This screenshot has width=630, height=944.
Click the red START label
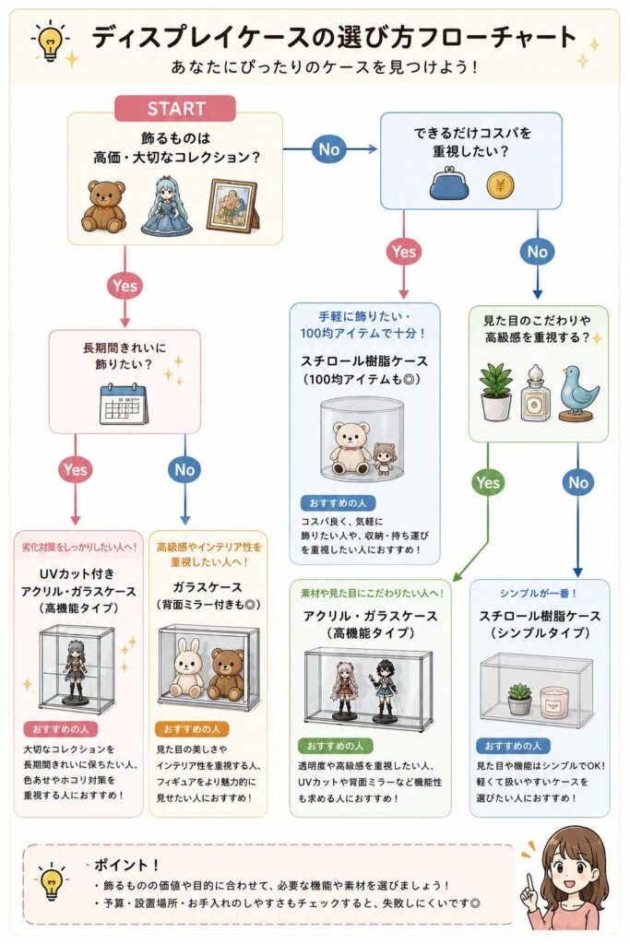tap(174, 109)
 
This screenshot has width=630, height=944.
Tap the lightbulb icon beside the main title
tap(50, 40)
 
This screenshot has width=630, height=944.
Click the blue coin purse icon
tap(448, 183)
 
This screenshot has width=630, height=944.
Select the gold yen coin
tap(500, 185)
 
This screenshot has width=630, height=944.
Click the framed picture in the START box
tap(232, 206)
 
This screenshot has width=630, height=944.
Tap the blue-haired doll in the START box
tap(167, 206)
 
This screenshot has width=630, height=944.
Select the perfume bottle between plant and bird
tap(534, 395)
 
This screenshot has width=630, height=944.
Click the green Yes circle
tap(487, 482)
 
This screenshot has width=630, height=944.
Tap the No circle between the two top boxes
tap(329, 149)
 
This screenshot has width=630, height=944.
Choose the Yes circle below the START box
tap(125, 286)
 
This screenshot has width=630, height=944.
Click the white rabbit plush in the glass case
tap(188, 668)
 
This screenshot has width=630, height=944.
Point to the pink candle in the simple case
tap(554, 702)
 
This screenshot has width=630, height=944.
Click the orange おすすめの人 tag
tap(192, 729)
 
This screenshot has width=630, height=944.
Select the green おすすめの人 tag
tap(335, 746)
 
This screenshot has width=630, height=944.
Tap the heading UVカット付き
tap(77, 573)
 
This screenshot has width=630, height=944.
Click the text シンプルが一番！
tap(538, 593)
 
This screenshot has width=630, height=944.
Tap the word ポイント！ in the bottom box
tap(125, 865)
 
